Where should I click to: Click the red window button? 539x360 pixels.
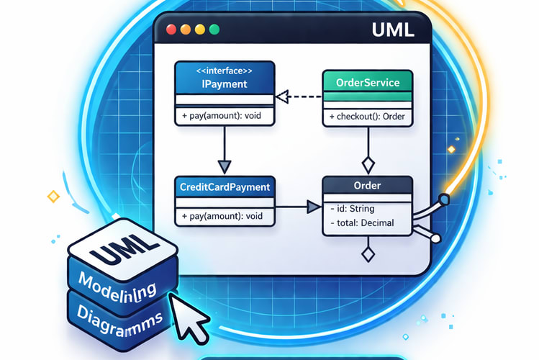click(171, 30)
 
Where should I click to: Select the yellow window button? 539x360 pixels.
click(186, 30)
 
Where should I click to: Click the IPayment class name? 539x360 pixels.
click(225, 84)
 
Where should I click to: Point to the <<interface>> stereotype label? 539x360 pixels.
click(225, 71)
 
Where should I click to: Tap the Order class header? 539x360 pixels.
click(368, 186)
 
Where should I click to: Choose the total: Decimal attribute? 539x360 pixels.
click(365, 224)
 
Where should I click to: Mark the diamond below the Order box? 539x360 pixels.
click(368, 254)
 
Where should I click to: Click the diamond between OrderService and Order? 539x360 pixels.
click(368, 162)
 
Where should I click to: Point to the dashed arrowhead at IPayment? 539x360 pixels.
click(282, 95)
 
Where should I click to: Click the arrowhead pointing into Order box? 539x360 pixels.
click(313, 207)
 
